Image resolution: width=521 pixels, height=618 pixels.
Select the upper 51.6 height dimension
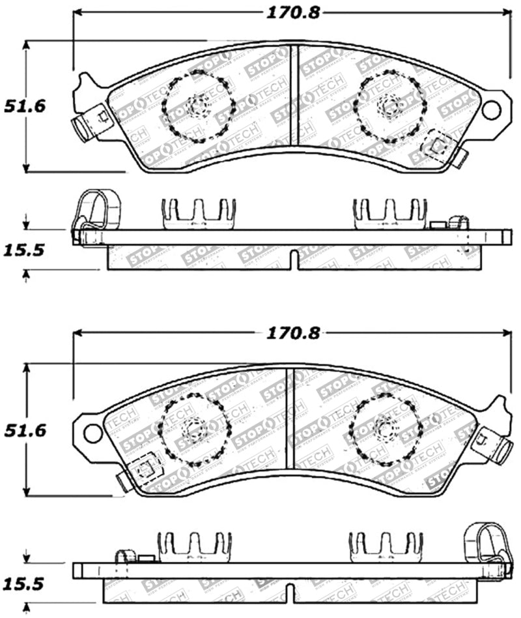(x=24, y=106)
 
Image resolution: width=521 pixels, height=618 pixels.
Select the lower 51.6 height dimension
(x=24, y=430)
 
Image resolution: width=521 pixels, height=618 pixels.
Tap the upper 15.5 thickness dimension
(x=24, y=250)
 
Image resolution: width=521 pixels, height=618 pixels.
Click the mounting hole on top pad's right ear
(x=491, y=110)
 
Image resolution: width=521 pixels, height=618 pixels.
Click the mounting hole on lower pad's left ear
(x=93, y=432)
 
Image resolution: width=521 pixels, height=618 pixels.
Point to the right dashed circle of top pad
(x=389, y=106)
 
